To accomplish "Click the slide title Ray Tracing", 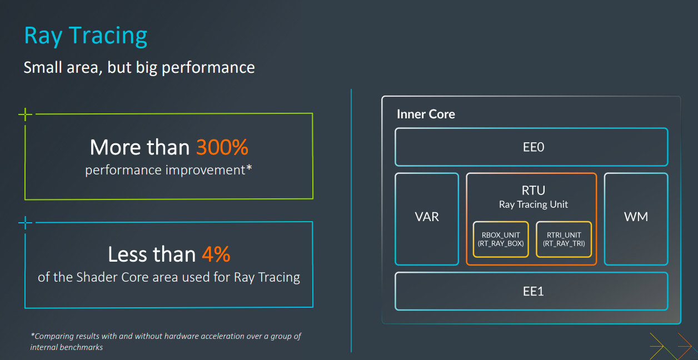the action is (x=86, y=36).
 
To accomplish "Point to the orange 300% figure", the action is (x=222, y=147).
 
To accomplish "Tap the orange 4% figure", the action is (x=216, y=254).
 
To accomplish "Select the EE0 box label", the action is (x=533, y=147).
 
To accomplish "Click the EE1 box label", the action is (x=533, y=292).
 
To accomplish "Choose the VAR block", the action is (x=427, y=219).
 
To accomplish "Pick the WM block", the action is (x=636, y=219).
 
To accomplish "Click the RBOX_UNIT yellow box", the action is (x=501, y=239).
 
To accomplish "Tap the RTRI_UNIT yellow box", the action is (x=564, y=239).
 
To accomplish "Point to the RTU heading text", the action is (x=534, y=190).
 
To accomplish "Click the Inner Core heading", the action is (x=426, y=114).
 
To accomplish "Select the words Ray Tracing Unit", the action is (x=534, y=204).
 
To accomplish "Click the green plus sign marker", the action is (x=25, y=114).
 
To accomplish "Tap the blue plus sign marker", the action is (x=25, y=223).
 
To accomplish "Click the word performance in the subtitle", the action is (x=208, y=68).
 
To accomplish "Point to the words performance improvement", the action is (x=168, y=170).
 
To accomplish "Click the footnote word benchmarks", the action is (x=81, y=347).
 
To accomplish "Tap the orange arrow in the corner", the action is (x=685, y=346).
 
